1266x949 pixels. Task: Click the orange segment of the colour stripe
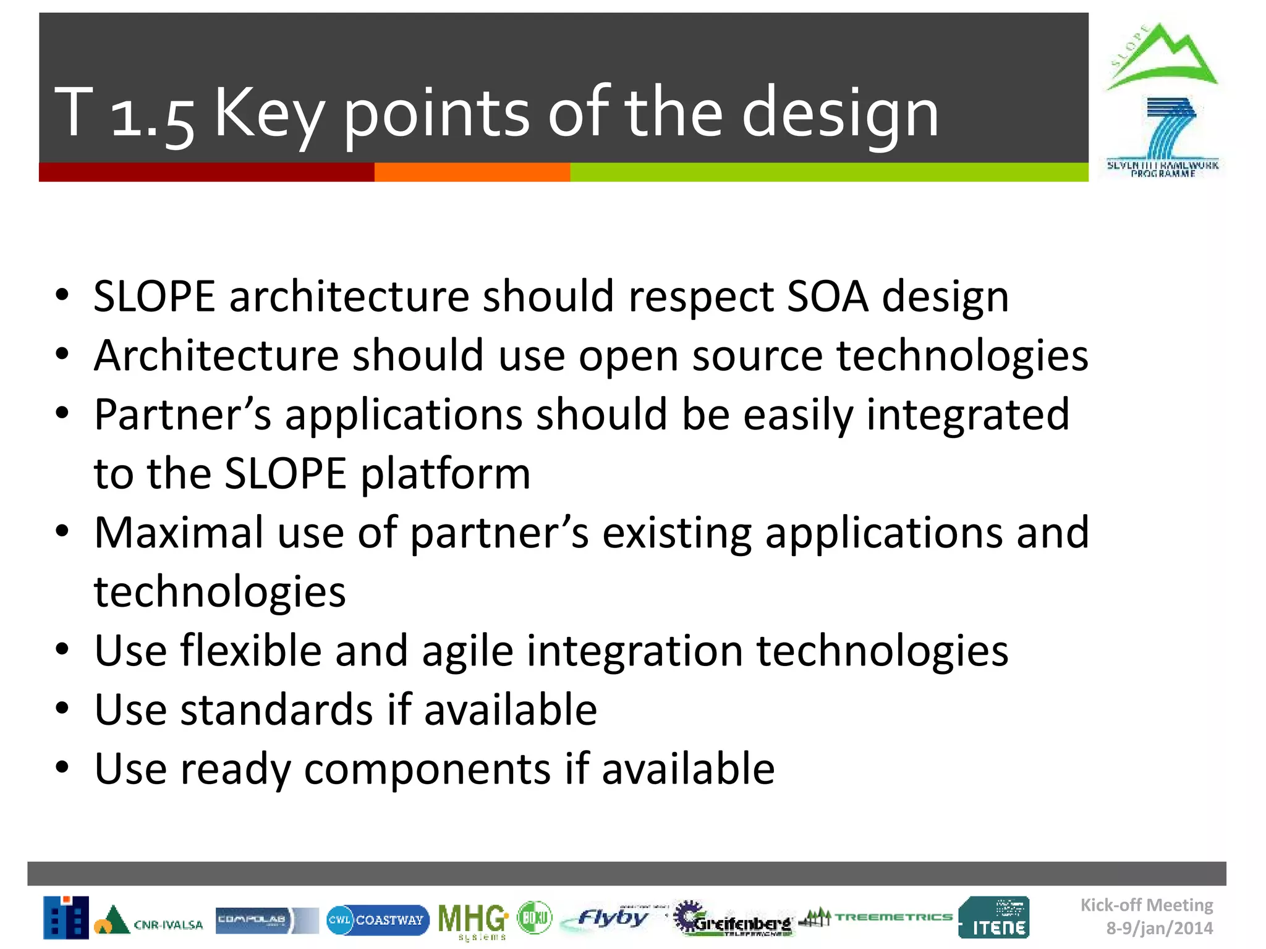click(x=472, y=172)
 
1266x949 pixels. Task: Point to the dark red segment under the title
click(x=206, y=172)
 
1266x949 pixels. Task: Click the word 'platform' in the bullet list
click(x=445, y=474)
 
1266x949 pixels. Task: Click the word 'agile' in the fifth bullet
click(x=467, y=652)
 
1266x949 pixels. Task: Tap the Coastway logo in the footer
click(x=377, y=920)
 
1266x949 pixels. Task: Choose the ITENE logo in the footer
click(x=994, y=917)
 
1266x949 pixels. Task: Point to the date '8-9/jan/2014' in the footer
click(x=1159, y=929)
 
